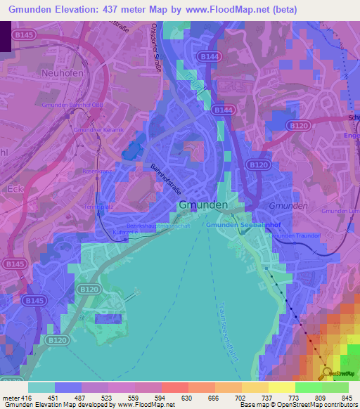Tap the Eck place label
15,189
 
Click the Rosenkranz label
97,171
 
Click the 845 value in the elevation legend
347,398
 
